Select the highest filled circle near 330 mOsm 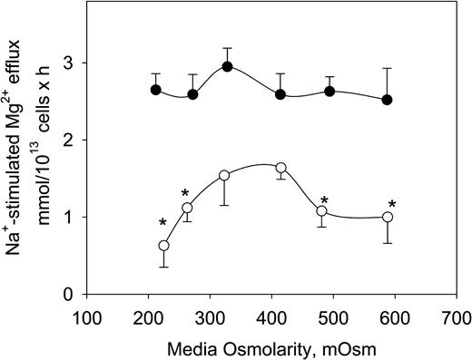tap(228, 66)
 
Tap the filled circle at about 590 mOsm tap(388, 100)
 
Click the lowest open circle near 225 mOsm tap(164, 246)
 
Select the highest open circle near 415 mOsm tap(281, 168)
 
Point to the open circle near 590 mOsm tap(388, 218)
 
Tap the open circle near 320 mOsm tap(224, 175)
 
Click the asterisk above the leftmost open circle tap(162, 223)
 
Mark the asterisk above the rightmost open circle tap(393, 204)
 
